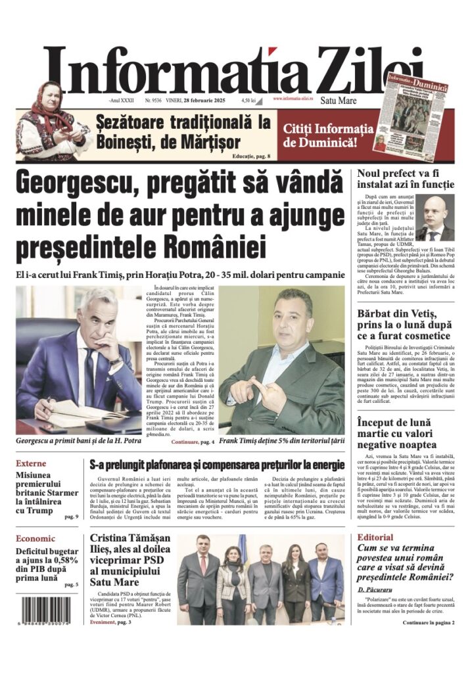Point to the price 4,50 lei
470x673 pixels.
[x=248, y=100]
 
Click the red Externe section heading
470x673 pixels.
[x=31, y=463]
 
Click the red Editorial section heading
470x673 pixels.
[x=375, y=537]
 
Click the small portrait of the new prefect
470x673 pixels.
[x=435, y=220]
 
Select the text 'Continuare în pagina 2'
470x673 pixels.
[x=418, y=621]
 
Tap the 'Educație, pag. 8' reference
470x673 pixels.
[x=251, y=156]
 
